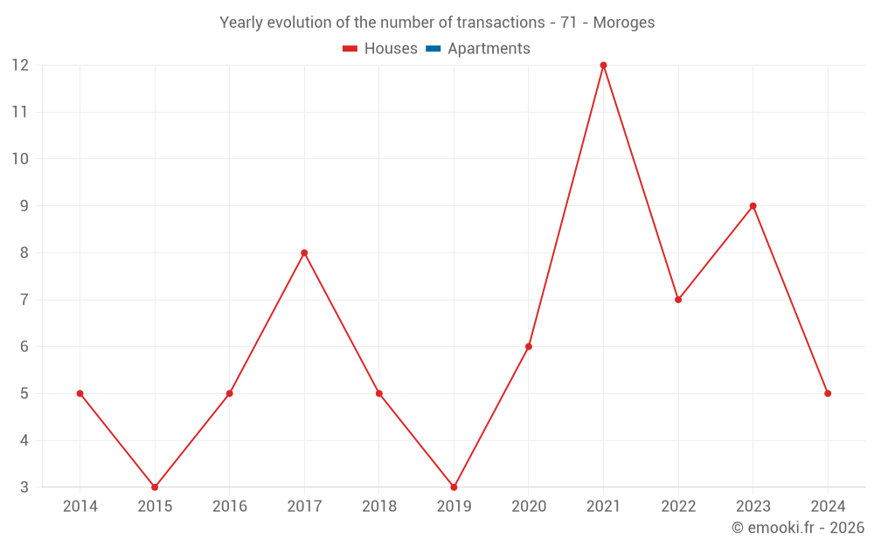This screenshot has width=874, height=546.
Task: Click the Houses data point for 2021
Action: click(603, 66)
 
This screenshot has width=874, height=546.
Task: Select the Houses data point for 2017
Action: click(304, 252)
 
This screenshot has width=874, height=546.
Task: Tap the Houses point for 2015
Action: click(155, 487)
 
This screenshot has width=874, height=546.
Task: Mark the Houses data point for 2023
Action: click(753, 206)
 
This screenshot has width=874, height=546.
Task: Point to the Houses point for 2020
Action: click(529, 347)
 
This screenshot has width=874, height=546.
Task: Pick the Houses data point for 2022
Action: click(678, 300)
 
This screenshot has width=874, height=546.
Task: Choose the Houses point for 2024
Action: click(828, 393)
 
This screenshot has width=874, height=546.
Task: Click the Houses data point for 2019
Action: click(454, 487)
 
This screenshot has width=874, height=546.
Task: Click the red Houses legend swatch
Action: click(350, 49)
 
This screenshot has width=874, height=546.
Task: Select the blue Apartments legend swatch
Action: click(433, 49)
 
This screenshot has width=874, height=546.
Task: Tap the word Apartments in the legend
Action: click(489, 49)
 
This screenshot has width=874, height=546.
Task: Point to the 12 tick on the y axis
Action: click(20, 66)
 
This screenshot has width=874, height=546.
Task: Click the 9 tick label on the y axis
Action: click(24, 206)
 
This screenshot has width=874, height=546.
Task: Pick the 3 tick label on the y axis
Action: click(24, 487)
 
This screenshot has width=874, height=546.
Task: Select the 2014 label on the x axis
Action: click(80, 507)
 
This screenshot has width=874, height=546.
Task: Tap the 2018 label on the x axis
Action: click(379, 507)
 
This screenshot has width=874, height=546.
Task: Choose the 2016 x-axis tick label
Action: click(230, 507)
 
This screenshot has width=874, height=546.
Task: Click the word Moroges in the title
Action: click(624, 23)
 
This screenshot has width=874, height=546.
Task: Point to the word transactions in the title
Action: click(501, 23)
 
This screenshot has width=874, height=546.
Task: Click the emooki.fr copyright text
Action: click(798, 528)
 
